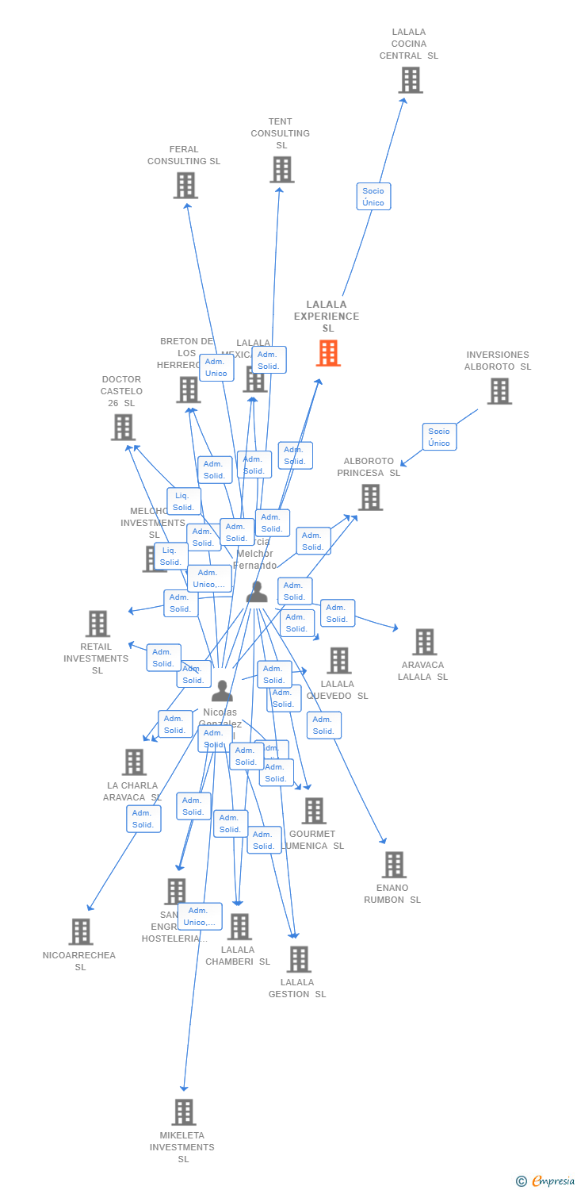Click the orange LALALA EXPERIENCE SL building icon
[x=328, y=353]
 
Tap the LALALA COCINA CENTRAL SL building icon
[x=410, y=80]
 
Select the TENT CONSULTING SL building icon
[x=281, y=170]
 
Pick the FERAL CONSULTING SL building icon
[x=185, y=186]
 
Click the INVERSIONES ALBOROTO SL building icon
[x=499, y=391]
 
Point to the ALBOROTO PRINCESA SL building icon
[x=370, y=497]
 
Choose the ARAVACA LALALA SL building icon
[x=424, y=643]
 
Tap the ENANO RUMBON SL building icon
[x=393, y=865]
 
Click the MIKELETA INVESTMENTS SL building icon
[x=183, y=1112]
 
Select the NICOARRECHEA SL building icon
[x=80, y=932]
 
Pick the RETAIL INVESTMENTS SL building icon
[x=97, y=624]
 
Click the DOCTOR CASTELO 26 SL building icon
[x=123, y=428]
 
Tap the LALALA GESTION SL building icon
[x=298, y=959]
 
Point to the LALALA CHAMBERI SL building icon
[x=239, y=927]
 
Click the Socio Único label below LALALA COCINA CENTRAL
[x=373, y=197]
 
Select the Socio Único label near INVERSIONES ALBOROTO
[x=439, y=437]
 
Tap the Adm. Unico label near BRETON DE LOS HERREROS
[x=216, y=367]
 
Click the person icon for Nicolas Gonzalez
[x=222, y=690]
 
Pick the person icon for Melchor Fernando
[x=257, y=592]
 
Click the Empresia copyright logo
[x=546, y=1181]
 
